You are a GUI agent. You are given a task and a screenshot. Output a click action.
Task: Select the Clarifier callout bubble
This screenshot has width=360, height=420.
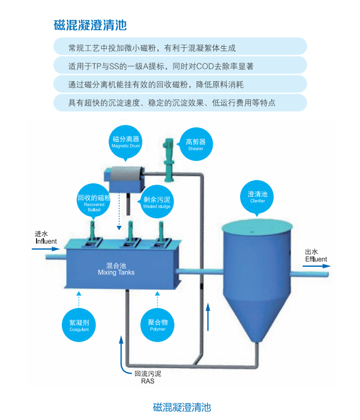[x=257, y=197]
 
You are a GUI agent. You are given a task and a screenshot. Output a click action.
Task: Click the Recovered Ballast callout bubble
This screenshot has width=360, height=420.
[x=94, y=202]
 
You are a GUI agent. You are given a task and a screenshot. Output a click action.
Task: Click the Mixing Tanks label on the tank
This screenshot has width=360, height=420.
[x=116, y=269]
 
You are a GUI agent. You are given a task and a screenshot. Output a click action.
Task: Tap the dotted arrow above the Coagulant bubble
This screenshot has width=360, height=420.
[x=79, y=299]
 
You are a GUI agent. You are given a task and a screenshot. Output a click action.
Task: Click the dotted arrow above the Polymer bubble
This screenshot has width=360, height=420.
[x=157, y=299]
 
